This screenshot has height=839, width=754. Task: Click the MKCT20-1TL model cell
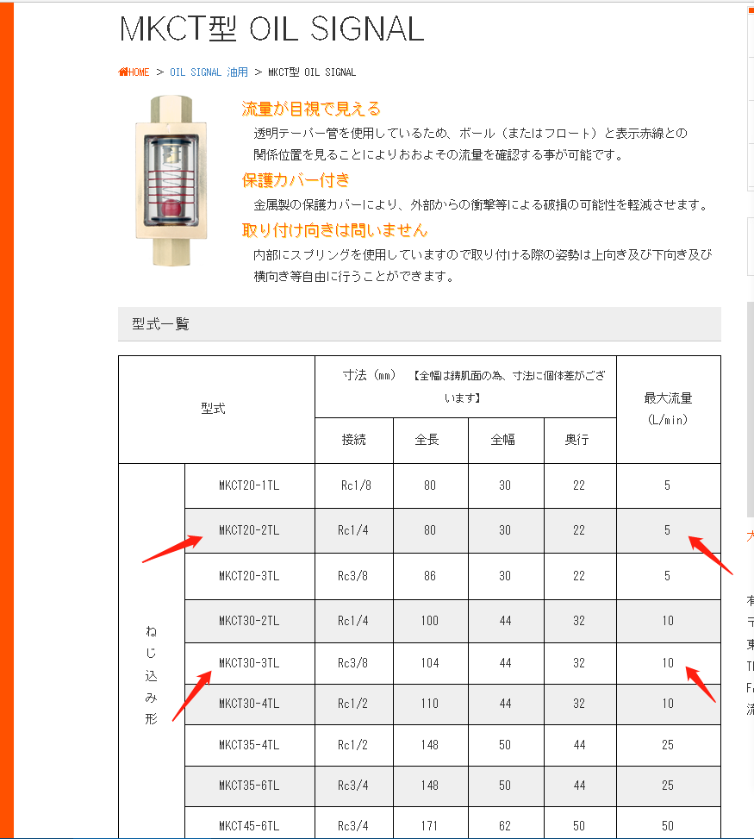point(249,485)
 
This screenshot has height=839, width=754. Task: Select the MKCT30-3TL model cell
point(249,663)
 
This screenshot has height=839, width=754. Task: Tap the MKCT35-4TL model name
point(249,745)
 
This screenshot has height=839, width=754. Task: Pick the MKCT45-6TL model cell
point(249,826)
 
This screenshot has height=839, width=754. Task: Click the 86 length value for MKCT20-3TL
point(430,576)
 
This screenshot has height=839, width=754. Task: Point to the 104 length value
point(430,663)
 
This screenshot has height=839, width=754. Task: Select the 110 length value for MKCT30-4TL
point(430,704)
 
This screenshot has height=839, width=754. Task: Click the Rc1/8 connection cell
point(354,485)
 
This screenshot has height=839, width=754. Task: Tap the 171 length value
point(430,826)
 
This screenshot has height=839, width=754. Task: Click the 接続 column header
point(354,440)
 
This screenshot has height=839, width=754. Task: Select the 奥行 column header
point(578,440)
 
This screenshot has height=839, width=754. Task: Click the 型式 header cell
point(213,409)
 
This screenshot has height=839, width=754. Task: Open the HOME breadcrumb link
point(134,72)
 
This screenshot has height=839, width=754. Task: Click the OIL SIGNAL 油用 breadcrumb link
point(209,72)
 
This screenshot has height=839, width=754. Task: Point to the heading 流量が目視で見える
point(311,110)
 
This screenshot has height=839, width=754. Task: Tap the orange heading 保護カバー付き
point(296,180)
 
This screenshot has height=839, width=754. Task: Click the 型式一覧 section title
point(160,324)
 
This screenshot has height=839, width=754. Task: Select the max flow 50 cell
point(668,826)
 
